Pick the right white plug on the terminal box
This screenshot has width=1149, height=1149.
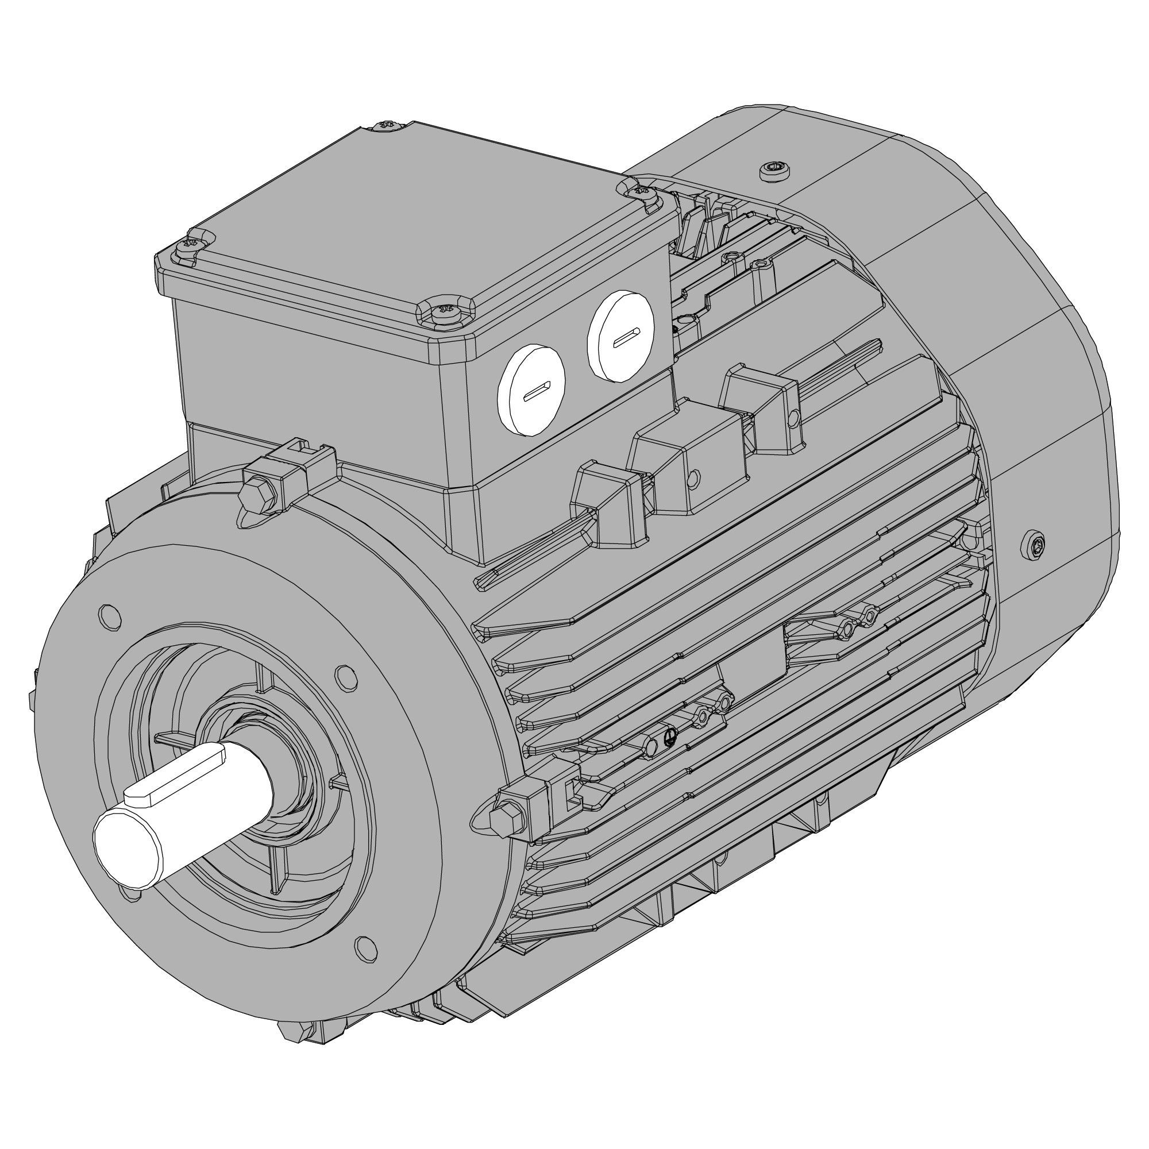tap(621, 337)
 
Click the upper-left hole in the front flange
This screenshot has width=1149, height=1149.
tap(109, 616)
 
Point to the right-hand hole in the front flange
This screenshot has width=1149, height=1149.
tap(345, 678)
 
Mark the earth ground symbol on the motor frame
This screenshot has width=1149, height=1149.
tap(669, 737)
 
